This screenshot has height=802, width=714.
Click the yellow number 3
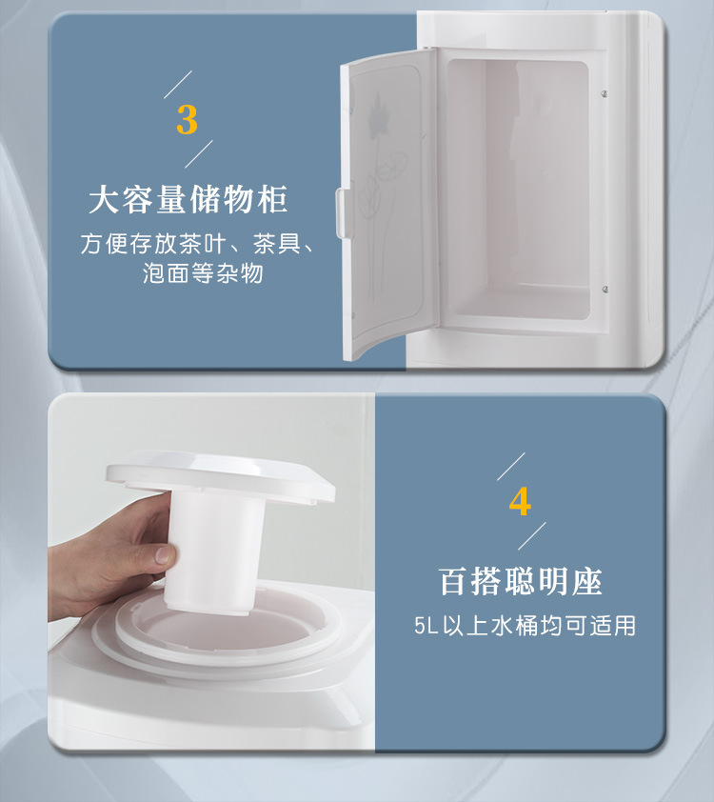[x=188, y=120]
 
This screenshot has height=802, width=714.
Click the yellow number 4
[x=520, y=501]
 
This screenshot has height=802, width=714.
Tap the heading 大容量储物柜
[x=188, y=201]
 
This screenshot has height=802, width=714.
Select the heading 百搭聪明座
[x=520, y=581]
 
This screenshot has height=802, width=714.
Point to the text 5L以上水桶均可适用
[x=525, y=626]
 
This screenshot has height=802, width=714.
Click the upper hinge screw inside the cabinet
[x=605, y=92]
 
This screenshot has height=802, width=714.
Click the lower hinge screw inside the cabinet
[x=605, y=289]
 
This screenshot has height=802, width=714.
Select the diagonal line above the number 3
[x=178, y=84]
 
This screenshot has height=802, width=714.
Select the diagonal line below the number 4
[x=531, y=535]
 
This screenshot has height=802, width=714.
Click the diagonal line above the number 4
[x=511, y=466]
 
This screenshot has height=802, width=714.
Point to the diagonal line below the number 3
[x=198, y=155]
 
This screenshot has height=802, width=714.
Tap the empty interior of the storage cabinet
[x=519, y=190]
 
